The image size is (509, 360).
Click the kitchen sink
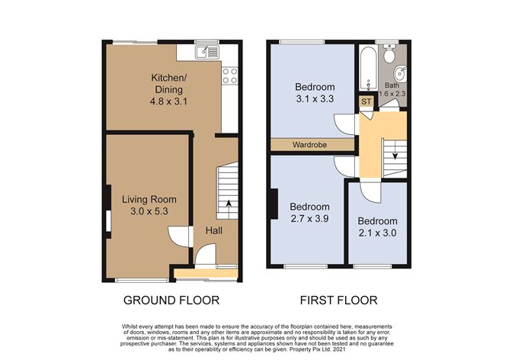[x=207, y=53]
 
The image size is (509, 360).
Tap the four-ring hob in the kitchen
[x=229, y=76]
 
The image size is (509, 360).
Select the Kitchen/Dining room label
[x=169, y=83]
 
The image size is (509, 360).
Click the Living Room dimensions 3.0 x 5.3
[x=149, y=211]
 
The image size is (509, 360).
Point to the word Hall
[x=214, y=230]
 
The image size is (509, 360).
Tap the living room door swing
[x=178, y=236]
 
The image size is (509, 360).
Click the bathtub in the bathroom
[x=369, y=69]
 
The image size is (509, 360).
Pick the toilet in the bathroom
[x=389, y=53]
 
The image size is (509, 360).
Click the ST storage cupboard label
[x=367, y=101]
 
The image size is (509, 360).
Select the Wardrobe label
[x=309, y=145]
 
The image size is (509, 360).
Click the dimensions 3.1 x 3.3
[x=315, y=99]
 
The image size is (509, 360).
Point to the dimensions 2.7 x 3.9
[x=309, y=219]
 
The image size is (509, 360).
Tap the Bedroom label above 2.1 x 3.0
[x=377, y=221]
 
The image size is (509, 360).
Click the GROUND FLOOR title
[x=171, y=301]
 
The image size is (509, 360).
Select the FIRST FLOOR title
[x=338, y=301]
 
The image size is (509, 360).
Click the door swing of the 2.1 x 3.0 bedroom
[x=370, y=192]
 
